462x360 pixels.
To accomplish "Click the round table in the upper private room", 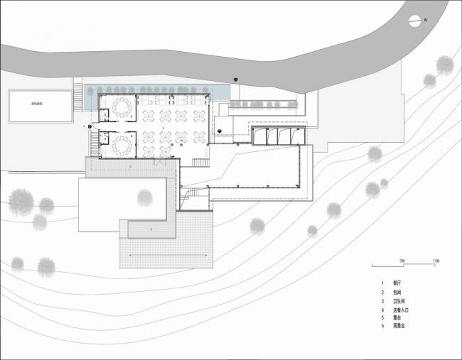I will pyautogui.click(x=121, y=108).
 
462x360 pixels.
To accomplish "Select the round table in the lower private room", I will pyautogui.click(x=121, y=145).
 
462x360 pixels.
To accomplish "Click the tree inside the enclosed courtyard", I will pyautogui.click(x=144, y=195).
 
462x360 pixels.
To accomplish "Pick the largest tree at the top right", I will pyautogui.click(x=445, y=65).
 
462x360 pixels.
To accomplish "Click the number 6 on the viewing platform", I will pyautogui.click(x=151, y=231).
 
